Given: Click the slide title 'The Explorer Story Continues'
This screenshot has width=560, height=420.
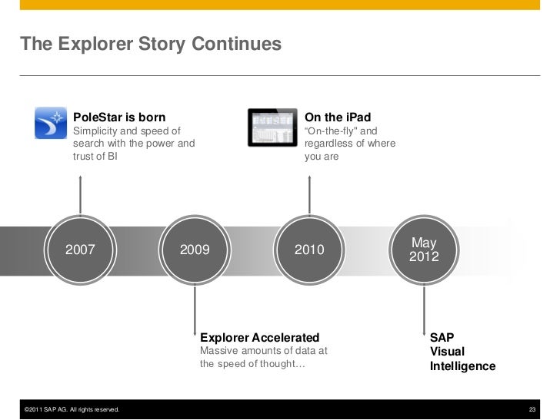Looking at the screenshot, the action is click(151, 45).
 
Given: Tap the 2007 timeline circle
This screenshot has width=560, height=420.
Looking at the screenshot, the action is click(80, 250).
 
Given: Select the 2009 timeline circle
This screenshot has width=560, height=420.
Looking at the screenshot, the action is click(194, 250).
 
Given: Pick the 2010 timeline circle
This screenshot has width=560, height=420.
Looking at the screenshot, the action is click(309, 250).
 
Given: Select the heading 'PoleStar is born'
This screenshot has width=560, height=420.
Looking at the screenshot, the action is click(119, 117).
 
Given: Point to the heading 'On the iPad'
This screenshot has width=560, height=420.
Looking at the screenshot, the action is click(338, 117).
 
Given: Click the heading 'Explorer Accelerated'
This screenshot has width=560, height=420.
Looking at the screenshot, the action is click(259, 338).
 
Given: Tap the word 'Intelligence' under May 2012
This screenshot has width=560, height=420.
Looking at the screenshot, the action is click(462, 366).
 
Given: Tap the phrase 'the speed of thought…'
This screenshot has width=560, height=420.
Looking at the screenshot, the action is click(252, 364).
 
